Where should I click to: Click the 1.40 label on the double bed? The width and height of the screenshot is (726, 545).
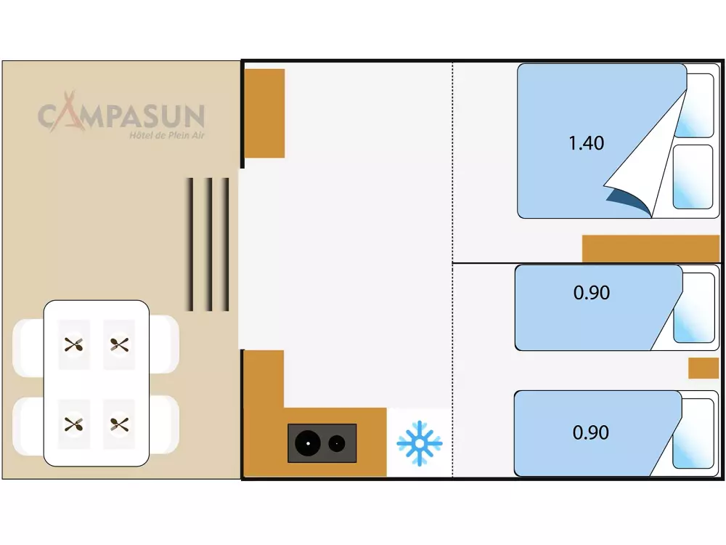click(x=586, y=143)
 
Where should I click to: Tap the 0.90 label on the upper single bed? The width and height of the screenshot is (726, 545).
click(x=591, y=293)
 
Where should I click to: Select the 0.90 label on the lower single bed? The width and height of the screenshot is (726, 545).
click(x=590, y=432)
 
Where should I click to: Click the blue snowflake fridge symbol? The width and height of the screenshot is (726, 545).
click(x=419, y=443)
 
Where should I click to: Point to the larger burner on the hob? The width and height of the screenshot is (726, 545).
click(x=308, y=443)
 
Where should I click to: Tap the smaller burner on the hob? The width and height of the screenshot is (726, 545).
click(x=337, y=443)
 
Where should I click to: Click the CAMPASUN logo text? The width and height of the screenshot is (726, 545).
click(x=121, y=115)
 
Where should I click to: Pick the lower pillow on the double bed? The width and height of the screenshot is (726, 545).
click(x=693, y=177)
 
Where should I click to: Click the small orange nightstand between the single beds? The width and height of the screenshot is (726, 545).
click(x=703, y=368)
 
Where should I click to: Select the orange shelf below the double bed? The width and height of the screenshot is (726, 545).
click(x=650, y=249)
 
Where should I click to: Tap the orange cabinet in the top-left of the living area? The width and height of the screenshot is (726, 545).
click(x=264, y=113)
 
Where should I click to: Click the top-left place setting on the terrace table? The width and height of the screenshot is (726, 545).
click(x=73, y=344)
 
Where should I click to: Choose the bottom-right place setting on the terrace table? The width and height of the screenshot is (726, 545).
click(x=119, y=423)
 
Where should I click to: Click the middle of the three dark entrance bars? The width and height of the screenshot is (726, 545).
click(x=208, y=244)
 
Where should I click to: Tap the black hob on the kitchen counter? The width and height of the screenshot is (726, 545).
click(x=322, y=443)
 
